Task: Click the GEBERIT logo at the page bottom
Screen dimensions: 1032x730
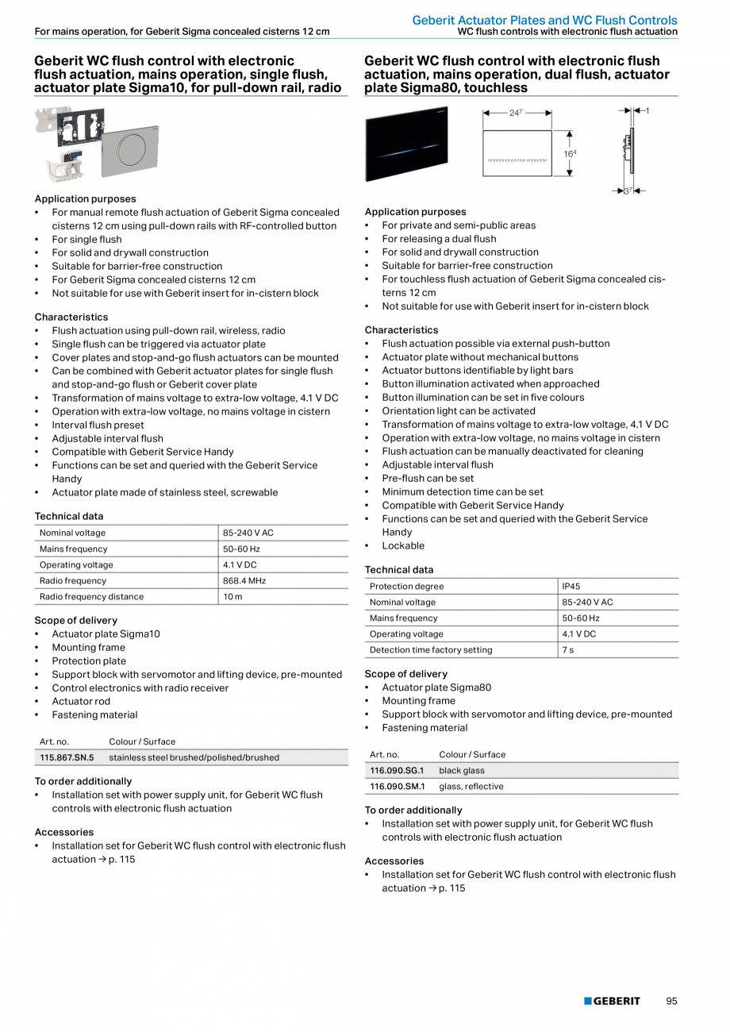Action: point(612,1001)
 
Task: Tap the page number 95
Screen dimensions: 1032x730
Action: point(671,1001)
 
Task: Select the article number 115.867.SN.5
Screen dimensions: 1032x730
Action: point(67,757)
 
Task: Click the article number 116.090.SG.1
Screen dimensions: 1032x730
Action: point(397,770)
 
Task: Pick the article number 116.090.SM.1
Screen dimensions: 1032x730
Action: point(397,786)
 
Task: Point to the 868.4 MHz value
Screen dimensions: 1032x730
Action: point(244,580)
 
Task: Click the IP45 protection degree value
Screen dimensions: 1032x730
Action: point(571,586)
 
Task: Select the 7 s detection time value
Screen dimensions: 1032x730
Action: point(567,649)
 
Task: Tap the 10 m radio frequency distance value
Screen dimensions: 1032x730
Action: point(233,596)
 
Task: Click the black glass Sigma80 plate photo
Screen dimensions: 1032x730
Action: point(406,144)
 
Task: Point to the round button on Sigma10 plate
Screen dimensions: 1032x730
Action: point(140,148)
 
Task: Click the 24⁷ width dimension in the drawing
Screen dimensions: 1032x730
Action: point(516,114)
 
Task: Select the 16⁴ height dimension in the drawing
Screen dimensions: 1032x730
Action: point(570,153)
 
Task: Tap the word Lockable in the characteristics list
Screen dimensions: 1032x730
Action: point(403,545)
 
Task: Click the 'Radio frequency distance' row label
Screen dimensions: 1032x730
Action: point(91,596)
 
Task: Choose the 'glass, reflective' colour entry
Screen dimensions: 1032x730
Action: point(471,786)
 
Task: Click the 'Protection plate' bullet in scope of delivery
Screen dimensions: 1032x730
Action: point(89,660)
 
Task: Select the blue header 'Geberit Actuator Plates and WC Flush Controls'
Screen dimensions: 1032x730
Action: point(544,20)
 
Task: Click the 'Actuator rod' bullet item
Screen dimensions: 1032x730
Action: point(81,701)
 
